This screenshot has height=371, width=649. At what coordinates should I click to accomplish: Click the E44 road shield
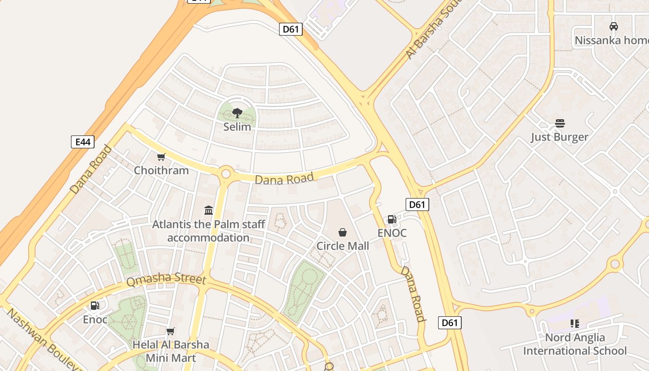pos(83,141)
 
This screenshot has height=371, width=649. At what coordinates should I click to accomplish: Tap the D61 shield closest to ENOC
pos(417,204)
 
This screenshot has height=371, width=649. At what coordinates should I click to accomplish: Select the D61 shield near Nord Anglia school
pos(450,323)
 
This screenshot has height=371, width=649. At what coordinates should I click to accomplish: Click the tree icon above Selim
pos(237,113)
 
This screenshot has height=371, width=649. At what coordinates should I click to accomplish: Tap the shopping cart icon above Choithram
pos(161,157)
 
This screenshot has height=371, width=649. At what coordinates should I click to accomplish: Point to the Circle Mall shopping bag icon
pos(343,232)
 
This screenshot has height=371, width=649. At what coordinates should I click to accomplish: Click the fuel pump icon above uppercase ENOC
pos(392,219)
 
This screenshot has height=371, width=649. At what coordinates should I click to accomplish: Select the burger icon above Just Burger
pos(560,123)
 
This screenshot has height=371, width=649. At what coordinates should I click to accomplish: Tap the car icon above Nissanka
pos(613,26)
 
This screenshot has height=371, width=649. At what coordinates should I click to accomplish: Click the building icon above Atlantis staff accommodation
pos(209,211)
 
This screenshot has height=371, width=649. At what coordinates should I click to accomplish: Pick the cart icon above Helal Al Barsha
pos(171,331)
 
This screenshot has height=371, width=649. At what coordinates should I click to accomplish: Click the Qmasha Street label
pos(166,280)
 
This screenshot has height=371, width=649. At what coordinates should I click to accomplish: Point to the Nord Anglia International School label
pos(575,344)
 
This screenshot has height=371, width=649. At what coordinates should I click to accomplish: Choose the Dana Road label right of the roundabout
pos(284,179)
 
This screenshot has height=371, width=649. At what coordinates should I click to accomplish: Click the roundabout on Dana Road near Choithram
pos(226,174)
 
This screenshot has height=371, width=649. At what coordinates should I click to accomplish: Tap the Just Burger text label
pos(560,137)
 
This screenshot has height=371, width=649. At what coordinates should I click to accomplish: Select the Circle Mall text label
pos(343,246)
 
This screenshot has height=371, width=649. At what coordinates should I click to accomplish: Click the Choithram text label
pos(161,170)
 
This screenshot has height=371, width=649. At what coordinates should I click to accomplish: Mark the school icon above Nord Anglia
pos(575,324)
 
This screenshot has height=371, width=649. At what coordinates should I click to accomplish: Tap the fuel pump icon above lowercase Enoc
pos(95,306)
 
